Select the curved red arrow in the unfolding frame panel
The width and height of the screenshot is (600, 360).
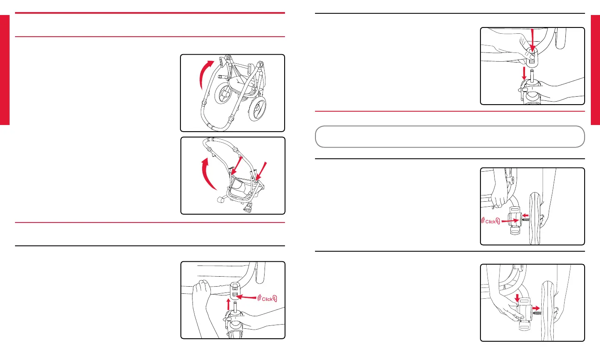click(206, 174)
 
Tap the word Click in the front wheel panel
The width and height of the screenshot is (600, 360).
click(267, 299)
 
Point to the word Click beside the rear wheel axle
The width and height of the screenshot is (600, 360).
click(490, 222)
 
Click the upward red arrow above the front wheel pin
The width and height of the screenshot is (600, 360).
click(228, 304)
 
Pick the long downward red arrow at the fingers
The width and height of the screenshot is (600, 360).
click(532, 40)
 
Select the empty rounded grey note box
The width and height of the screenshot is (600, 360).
click(450, 137)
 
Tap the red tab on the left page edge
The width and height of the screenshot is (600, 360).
click(5, 70)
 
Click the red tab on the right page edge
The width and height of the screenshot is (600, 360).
click(595, 70)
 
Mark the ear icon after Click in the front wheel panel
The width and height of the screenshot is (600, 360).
click(275, 299)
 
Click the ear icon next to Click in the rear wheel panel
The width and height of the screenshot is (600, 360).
click(498, 221)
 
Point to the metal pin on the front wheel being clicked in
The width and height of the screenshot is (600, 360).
click(235, 306)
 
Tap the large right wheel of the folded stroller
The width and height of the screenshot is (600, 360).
click(257, 108)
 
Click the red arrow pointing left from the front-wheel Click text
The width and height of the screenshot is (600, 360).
click(246, 297)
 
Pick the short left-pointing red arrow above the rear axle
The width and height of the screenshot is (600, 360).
click(525, 215)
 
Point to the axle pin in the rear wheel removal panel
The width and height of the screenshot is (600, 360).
click(537, 312)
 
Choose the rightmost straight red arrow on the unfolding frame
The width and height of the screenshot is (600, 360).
click(261, 171)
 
